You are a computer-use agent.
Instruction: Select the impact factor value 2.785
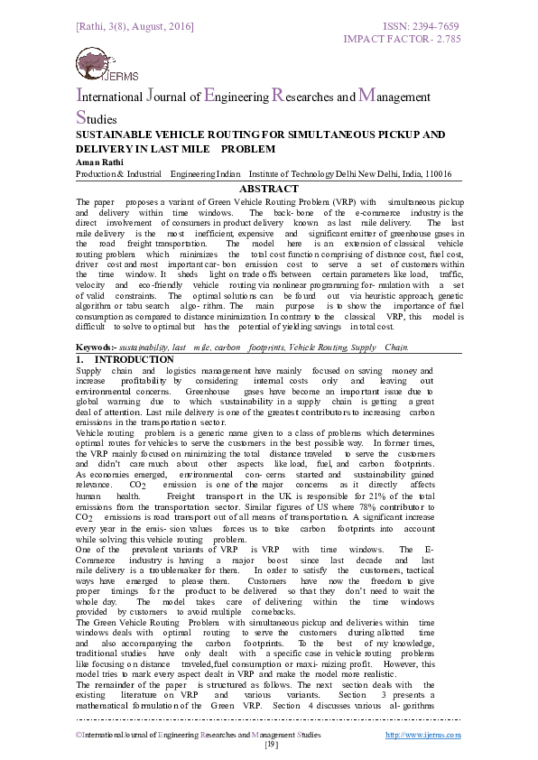point(443,41)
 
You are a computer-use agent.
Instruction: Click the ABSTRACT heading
point(268,189)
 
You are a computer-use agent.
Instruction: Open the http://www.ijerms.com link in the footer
point(423,735)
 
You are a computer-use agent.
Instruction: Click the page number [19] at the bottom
point(269,745)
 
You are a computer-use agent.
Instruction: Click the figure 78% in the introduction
point(366,508)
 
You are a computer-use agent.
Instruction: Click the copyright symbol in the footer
point(79,736)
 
